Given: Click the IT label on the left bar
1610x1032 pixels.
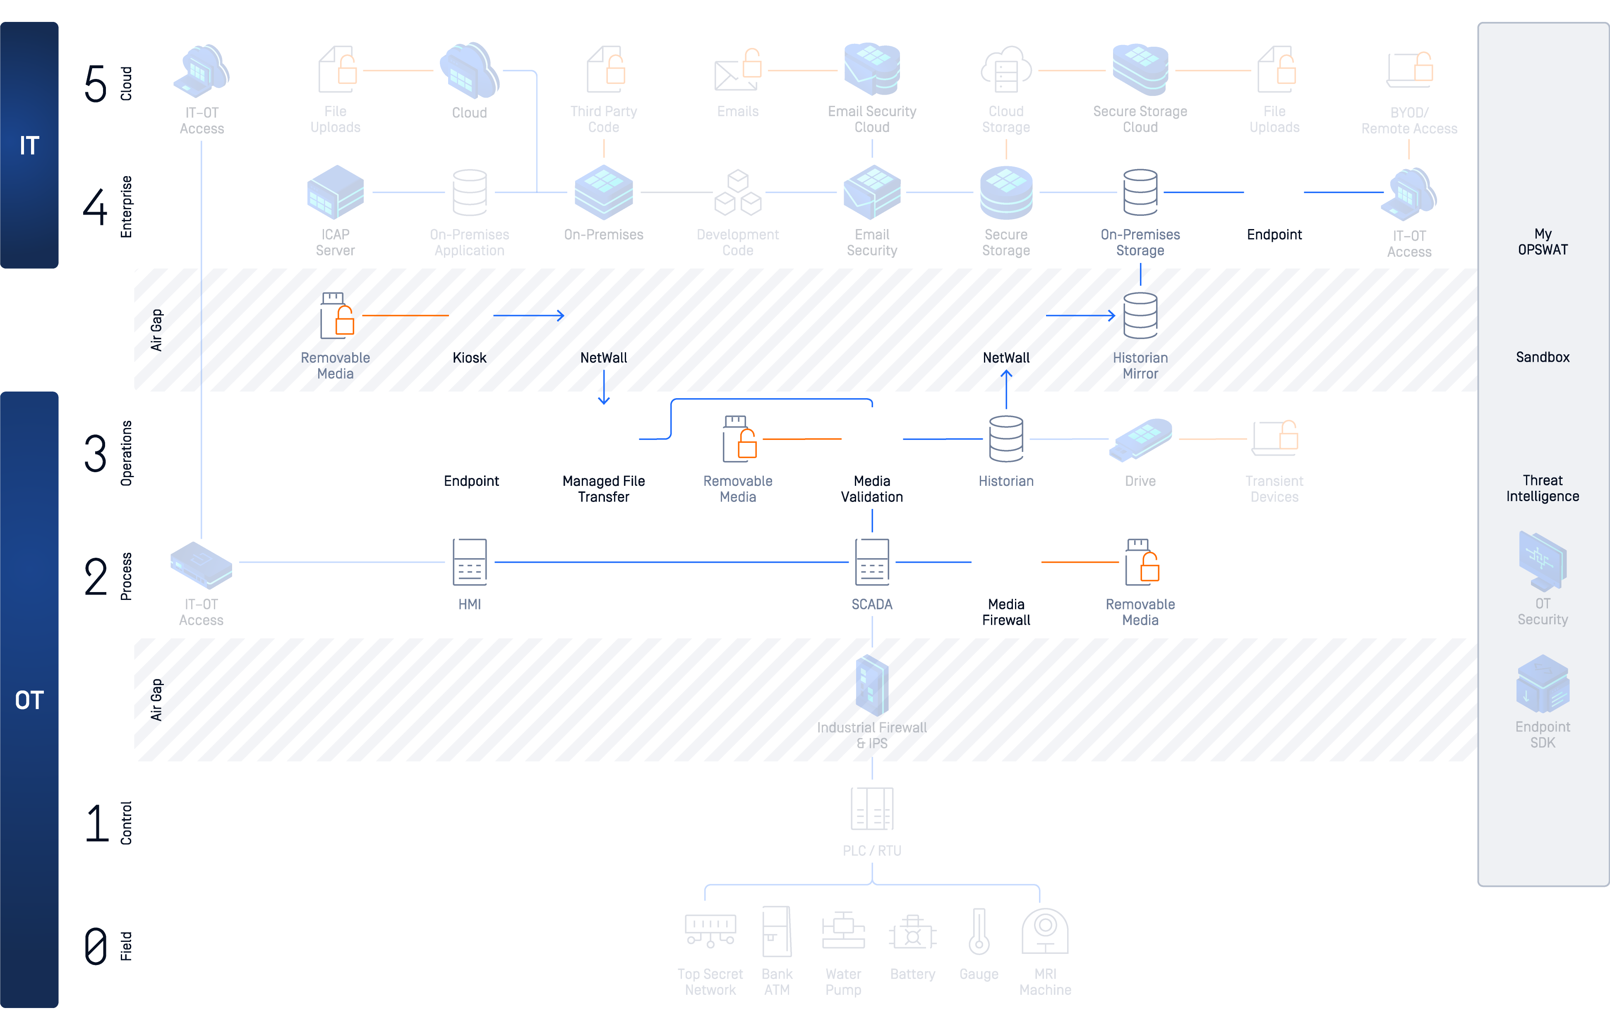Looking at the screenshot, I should pyautogui.click(x=29, y=146).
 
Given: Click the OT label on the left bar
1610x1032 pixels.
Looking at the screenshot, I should pyautogui.click(x=29, y=700).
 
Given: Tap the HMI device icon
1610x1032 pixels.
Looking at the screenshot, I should pyautogui.click(x=469, y=562).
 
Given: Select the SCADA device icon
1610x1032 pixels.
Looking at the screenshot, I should pyautogui.click(x=872, y=562).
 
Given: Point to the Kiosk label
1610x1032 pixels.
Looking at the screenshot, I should pyautogui.click(x=469, y=358).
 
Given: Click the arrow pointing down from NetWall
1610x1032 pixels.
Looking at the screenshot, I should pyautogui.click(x=604, y=389).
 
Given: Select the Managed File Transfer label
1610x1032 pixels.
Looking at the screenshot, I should pyautogui.click(x=604, y=489).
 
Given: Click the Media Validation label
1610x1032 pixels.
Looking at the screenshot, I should pyautogui.click(x=872, y=489).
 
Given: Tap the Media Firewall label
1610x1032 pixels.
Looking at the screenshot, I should pyautogui.click(x=1006, y=612).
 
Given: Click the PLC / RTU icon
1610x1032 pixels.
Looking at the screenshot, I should pyautogui.click(x=872, y=809).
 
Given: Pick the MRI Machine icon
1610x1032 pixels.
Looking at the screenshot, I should pyautogui.click(x=1045, y=932).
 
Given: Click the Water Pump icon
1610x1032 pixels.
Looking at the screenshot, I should pyautogui.click(x=843, y=932).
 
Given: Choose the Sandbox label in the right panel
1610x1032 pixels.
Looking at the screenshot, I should pyautogui.click(x=1542, y=357).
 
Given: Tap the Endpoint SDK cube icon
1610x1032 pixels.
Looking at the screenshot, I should pyautogui.click(x=1542, y=684).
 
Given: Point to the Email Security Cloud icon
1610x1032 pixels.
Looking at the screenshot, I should pyautogui.click(x=872, y=70).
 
